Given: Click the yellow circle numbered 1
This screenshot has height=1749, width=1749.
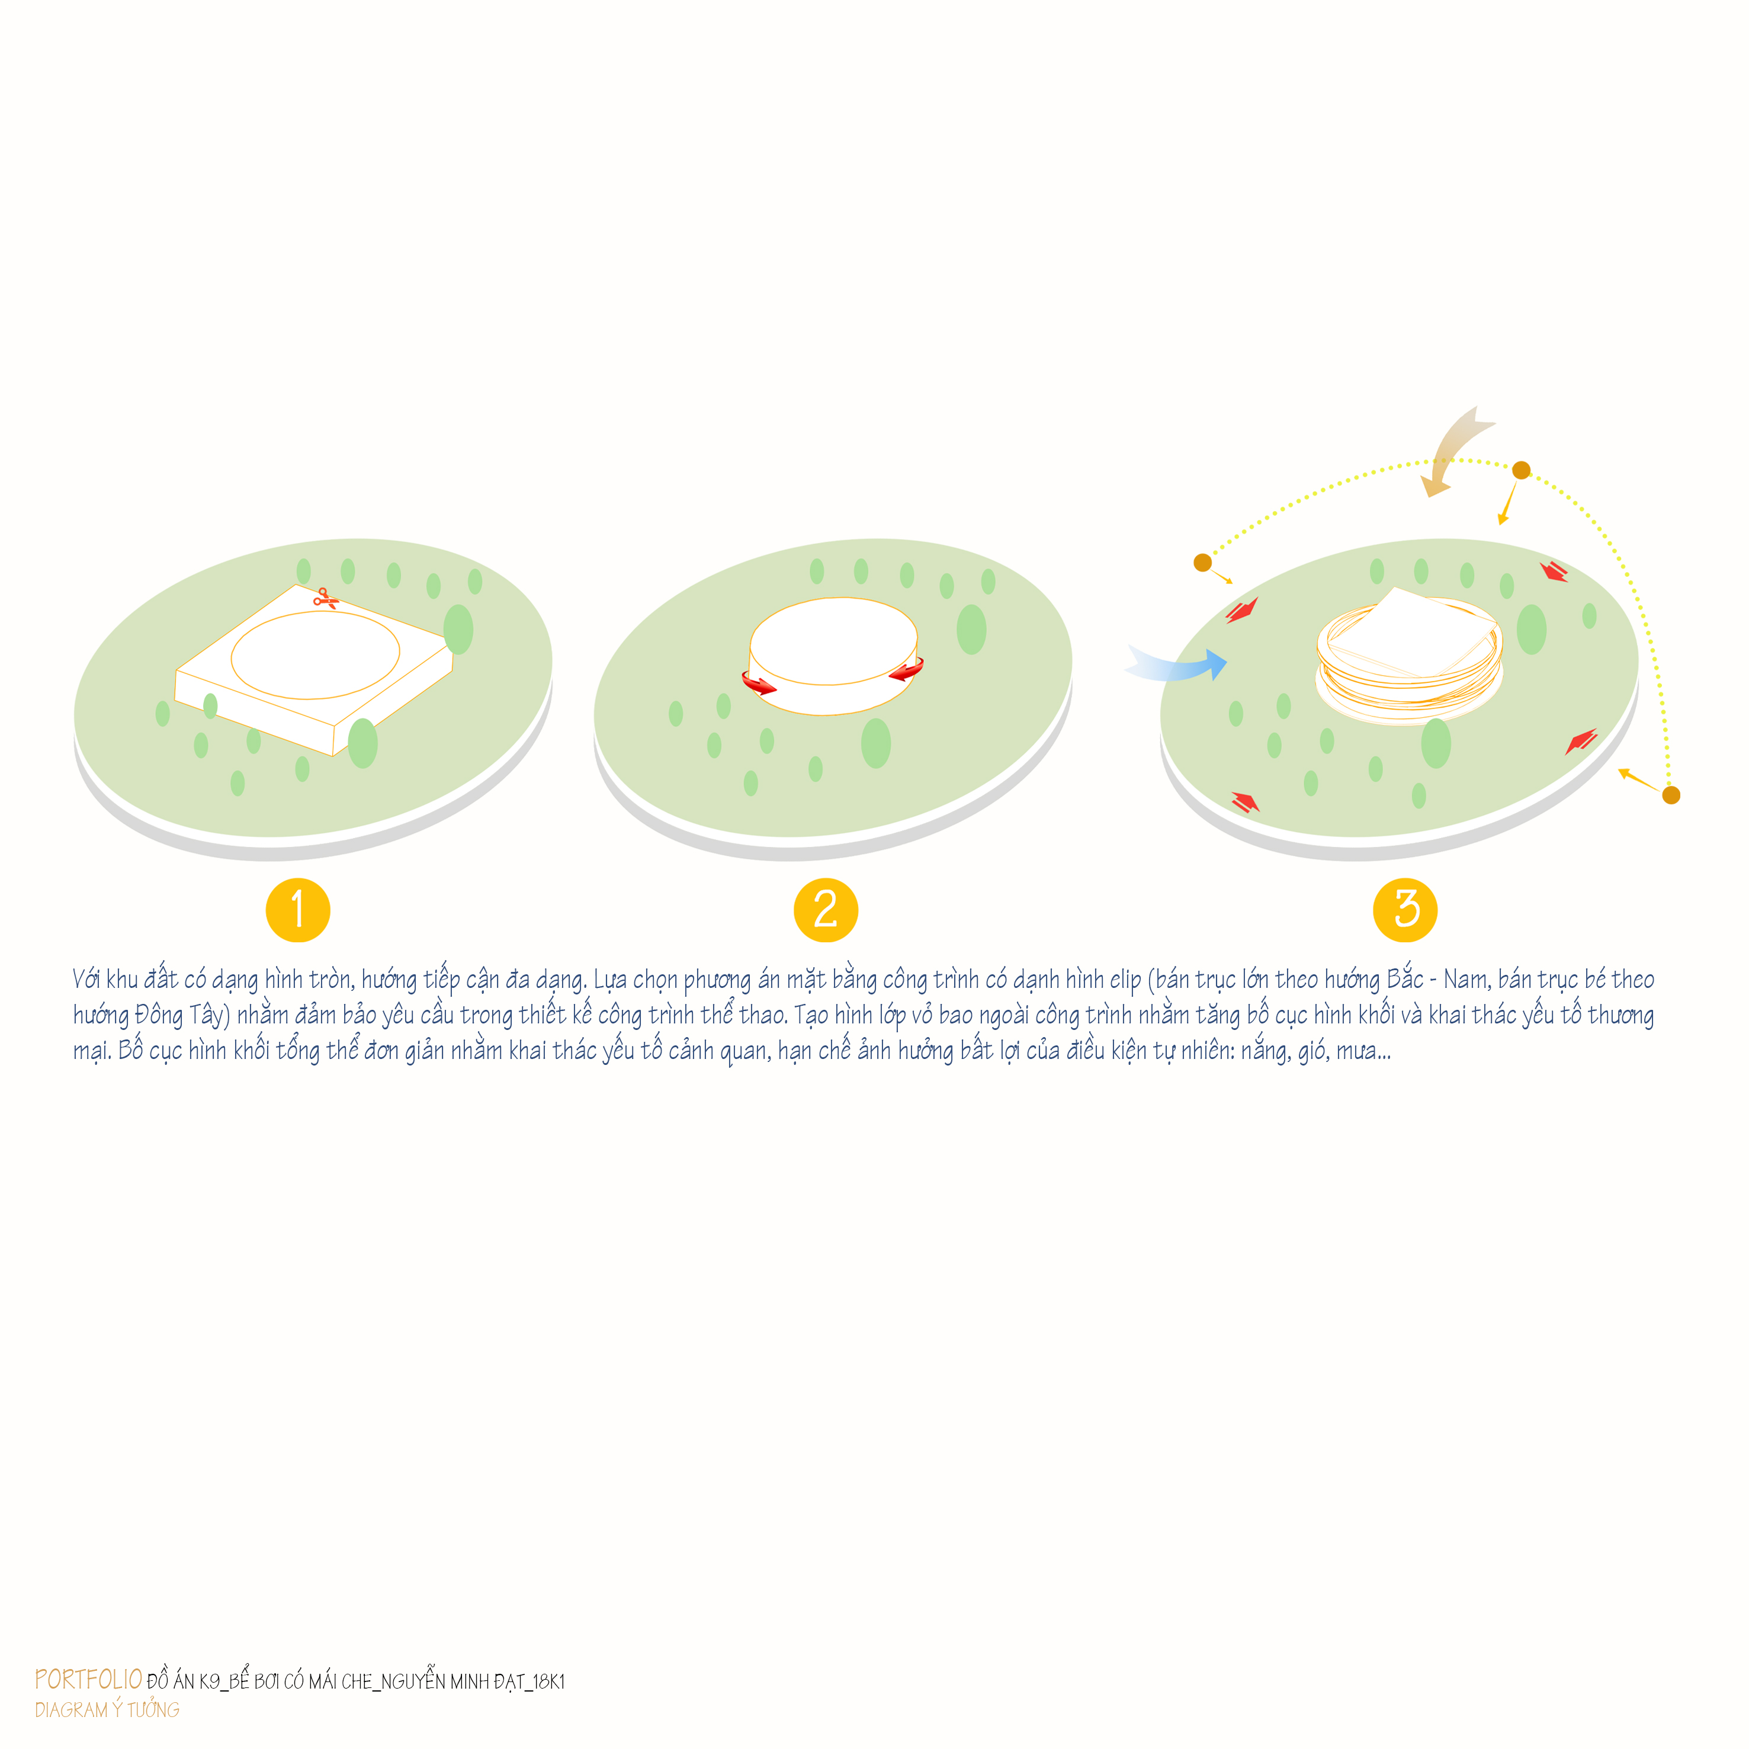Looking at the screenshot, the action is click(298, 910).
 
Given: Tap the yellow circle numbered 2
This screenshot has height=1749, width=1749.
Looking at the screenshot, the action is click(826, 910).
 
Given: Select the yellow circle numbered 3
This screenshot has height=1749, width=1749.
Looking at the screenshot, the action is click(1405, 910).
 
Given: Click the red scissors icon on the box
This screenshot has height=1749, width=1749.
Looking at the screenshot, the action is click(326, 598).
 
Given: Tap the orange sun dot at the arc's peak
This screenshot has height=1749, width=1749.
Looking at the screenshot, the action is click(1522, 470).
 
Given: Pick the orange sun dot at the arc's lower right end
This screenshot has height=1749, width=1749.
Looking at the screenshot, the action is click(1671, 795).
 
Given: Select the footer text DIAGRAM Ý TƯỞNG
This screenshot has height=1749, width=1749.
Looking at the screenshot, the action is click(107, 1709).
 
